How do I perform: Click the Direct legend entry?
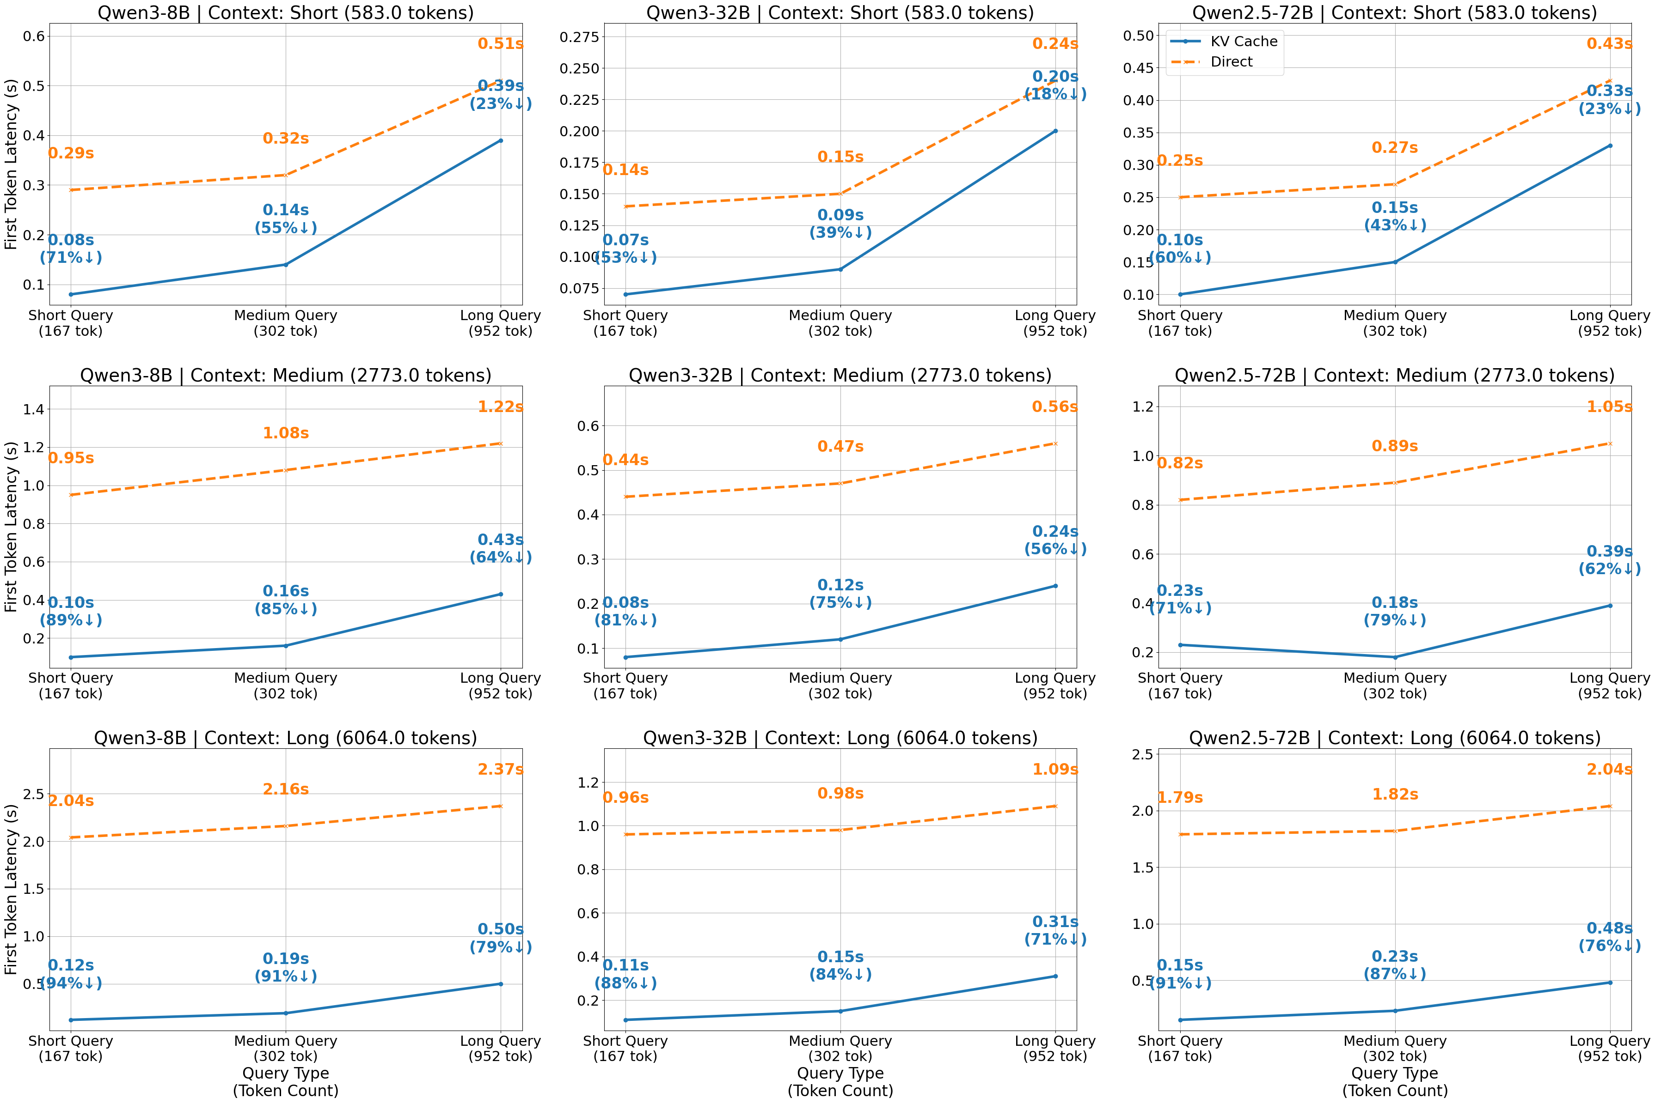coord(1231,62)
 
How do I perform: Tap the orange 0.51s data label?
coord(500,44)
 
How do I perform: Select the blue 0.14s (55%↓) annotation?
coord(285,219)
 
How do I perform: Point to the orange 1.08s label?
coord(285,433)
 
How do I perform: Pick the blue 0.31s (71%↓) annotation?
coord(1055,930)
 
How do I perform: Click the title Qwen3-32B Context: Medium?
coord(840,375)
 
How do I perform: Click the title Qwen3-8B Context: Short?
coord(285,12)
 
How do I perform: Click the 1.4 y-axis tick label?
coord(34,409)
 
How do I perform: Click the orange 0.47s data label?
coord(840,446)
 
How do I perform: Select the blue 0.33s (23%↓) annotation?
coord(1609,100)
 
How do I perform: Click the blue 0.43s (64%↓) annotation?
coord(500,548)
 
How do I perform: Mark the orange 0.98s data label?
coord(840,794)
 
